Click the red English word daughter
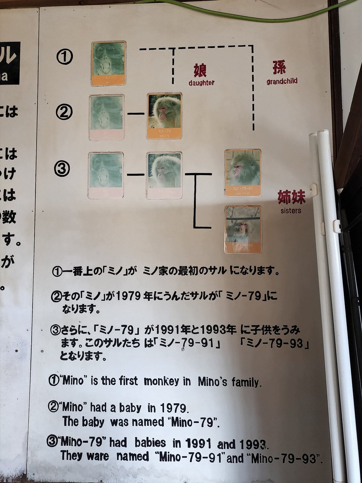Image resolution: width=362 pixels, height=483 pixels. click(x=202, y=83)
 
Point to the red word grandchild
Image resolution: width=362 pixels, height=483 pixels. click(x=282, y=81)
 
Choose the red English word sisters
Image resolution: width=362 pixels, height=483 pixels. click(x=291, y=211)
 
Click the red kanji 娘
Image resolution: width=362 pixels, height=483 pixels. click(x=200, y=70)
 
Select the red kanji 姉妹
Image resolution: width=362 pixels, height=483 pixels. click(x=291, y=197)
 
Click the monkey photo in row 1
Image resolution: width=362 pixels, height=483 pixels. click(x=108, y=63)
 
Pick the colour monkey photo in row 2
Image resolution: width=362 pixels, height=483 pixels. click(x=164, y=116)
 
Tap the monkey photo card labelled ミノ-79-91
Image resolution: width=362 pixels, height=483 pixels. click(x=243, y=173)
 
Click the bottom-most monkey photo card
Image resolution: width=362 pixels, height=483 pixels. click(x=243, y=229)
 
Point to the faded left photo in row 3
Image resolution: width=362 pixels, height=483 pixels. click(x=106, y=175)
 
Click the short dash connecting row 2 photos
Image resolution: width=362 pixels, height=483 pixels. click(x=136, y=114)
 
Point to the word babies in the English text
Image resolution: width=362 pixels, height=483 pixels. click(x=150, y=443)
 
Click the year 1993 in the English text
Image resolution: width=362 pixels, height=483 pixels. click(x=253, y=444)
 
